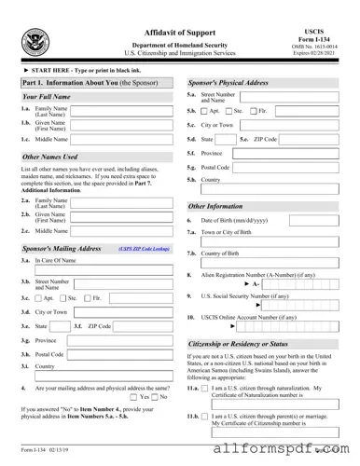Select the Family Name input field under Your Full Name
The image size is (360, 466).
click(120, 111)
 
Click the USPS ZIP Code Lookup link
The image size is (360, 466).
click(144, 250)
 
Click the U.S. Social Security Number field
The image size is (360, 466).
click(299, 305)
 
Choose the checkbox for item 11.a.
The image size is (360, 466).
click(206, 386)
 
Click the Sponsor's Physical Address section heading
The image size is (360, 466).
click(228, 83)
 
